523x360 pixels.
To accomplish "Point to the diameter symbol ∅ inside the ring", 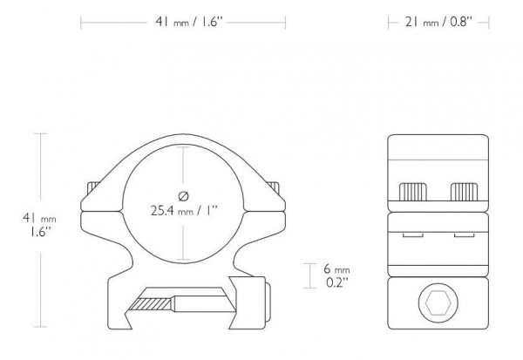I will (184, 194).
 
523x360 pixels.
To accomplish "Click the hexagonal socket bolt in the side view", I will (436, 304).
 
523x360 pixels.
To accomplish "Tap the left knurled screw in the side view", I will (413, 190).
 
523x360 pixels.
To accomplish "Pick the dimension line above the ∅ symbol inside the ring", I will (184, 166).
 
